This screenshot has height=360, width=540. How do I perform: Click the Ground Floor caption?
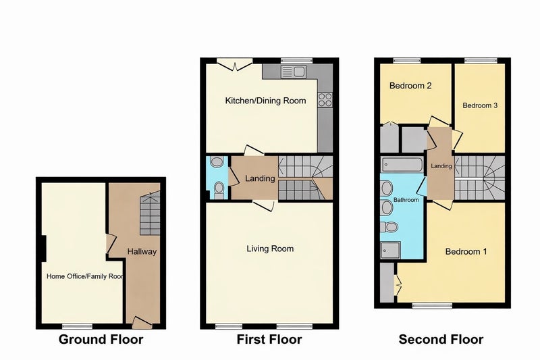point(101,339)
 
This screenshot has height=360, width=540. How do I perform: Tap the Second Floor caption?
point(441,339)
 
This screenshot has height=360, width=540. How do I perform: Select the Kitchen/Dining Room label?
point(265,101)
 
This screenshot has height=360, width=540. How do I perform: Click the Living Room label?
point(270,249)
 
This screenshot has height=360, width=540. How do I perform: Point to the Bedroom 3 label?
point(480,105)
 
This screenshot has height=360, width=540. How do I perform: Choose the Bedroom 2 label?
point(410,85)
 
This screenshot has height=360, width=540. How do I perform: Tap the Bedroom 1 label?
point(466,251)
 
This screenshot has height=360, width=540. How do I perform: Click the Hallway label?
point(142,251)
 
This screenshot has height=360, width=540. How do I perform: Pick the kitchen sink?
point(294,72)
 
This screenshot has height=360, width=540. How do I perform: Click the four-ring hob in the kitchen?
point(325,100)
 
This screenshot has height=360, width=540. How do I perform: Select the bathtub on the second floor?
point(402,164)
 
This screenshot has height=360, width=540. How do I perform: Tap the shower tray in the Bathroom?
point(391,250)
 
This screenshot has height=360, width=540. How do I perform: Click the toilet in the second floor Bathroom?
point(389,227)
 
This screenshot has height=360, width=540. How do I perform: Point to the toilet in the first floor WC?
point(219,190)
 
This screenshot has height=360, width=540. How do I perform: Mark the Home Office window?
point(77,326)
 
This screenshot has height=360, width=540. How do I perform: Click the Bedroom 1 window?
point(432,305)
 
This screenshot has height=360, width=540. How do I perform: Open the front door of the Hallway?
point(142,322)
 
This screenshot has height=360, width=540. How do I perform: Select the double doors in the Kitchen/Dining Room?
point(235,64)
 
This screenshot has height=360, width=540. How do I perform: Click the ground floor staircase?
point(150,213)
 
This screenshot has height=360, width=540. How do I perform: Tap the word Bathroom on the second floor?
point(406,200)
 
